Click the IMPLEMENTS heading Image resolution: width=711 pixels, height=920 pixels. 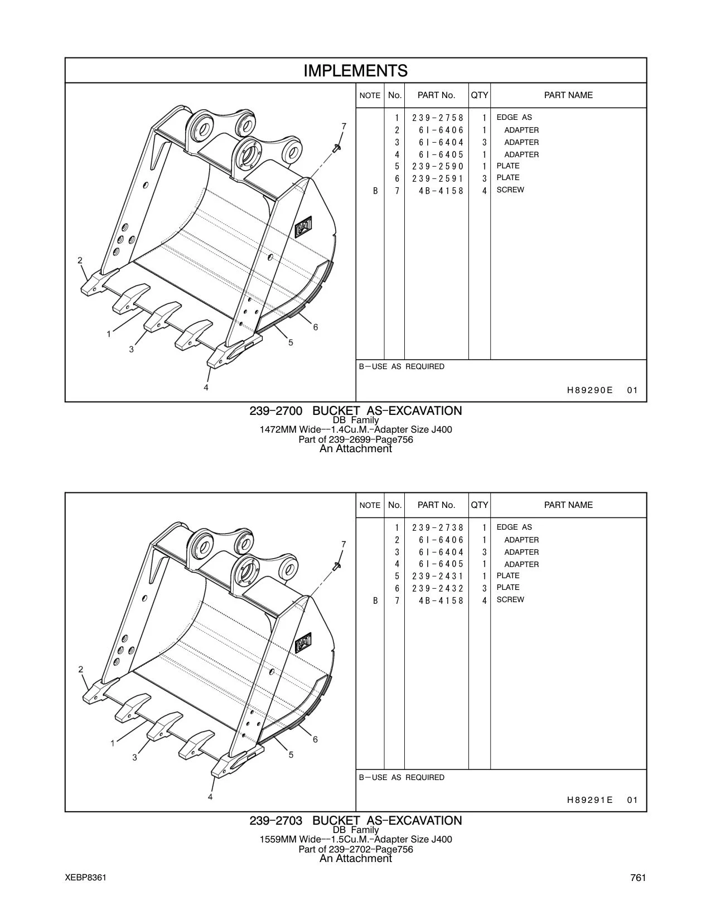click(355, 71)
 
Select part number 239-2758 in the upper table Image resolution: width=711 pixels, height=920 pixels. click(438, 118)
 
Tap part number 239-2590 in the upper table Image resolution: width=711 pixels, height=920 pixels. click(438, 166)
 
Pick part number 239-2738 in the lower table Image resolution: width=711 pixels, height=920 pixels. click(438, 527)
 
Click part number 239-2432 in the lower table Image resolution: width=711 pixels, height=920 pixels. click(438, 588)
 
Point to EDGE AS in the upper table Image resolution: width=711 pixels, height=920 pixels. click(514, 117)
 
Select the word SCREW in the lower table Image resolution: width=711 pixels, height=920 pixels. click(510, 599)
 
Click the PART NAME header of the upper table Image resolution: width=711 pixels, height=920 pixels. click(568, 95)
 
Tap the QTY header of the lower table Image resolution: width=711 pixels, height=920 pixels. click(480, 505)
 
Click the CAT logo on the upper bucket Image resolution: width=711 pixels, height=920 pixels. click(303, 226)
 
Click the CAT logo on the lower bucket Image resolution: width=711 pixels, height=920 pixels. click(303, 643)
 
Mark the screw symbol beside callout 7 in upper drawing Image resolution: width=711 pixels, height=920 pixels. click(337, 147)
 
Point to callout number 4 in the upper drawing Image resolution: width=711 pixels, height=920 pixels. click(206, 388)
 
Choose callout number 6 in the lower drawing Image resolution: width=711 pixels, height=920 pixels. click(315, 739)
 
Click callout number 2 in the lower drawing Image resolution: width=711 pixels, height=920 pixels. click(80, 669)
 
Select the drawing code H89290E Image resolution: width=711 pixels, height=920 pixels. click(589, 390)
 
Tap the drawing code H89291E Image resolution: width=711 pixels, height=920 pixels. click(589, 800)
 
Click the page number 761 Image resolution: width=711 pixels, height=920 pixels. click(638, 878)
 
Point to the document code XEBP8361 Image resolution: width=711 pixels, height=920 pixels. click(85, 878)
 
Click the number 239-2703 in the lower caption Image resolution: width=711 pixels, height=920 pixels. click(275, 821)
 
